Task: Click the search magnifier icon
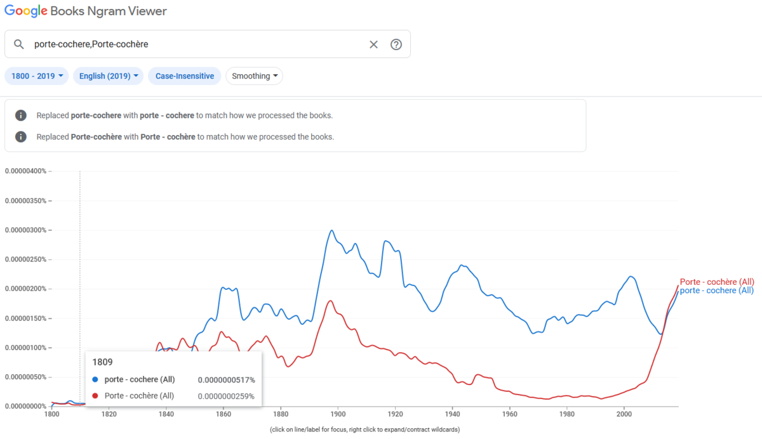(x=19, y=44)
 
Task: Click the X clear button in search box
(x=373, y=44)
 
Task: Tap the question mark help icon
(x=396, y=44)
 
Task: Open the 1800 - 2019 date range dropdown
(x=37, y=76)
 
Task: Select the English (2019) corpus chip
(x=109, y=76)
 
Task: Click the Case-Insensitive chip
(x=185, y=76)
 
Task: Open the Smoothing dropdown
(x=255, y=76)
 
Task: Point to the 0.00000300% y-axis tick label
(x=25, y=230)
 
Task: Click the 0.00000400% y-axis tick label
(x=25, y=171)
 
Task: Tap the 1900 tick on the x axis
(x=338, y=415)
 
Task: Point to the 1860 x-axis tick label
(x=223, y=415)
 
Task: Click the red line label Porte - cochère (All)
(x=717, y=282)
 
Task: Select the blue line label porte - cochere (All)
(x=717, y=291)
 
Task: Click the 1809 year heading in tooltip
(x=103, y=362)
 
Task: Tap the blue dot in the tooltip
(x=95, y=379)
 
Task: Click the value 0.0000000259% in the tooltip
(x=226, y=396)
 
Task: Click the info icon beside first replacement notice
(x=21, y=115)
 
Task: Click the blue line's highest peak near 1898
(x=331, y=230)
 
